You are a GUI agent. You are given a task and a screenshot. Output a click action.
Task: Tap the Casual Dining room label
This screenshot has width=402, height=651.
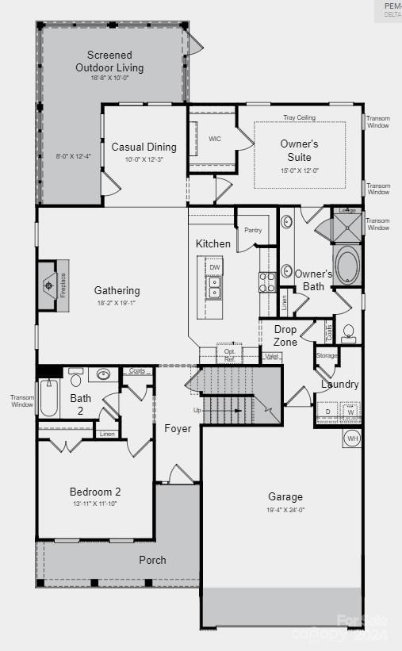(x=144, y=147)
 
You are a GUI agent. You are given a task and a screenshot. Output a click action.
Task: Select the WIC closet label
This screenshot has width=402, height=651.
(x=215, y=139)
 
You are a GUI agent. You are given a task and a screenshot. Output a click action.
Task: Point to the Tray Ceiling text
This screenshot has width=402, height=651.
(x=299, y=117)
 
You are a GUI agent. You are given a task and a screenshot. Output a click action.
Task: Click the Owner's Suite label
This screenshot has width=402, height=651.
(x=299, y=150)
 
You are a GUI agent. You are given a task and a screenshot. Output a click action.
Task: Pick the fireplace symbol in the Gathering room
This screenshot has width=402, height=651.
(x=49, y=284)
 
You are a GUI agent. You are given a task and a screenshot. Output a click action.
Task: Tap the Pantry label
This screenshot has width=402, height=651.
(x=253, y=230)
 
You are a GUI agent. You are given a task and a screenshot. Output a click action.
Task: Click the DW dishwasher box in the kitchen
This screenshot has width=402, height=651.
(x=215, y=267)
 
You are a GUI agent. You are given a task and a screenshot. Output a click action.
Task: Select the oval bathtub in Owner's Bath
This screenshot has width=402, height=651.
(x=347, y=266)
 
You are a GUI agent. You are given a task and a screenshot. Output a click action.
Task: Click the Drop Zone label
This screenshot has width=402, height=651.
(x=285, y=335)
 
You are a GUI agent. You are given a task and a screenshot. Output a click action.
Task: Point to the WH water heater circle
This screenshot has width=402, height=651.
(x=353, y=438)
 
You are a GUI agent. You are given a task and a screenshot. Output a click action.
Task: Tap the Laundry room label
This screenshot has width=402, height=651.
(x=339, y=385)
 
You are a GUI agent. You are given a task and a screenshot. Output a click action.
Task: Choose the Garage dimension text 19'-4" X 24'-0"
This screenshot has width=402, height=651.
(x=285, y=510)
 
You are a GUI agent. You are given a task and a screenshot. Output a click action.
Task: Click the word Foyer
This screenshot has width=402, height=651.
(x=178, y=428)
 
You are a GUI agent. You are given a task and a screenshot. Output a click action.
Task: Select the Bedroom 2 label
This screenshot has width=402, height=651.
(x=95, y=492)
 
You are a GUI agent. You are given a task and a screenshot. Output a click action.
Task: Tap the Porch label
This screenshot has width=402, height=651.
(x=152, y=560)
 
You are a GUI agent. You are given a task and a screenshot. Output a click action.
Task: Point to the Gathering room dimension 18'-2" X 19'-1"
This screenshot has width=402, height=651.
(x=117, y=303)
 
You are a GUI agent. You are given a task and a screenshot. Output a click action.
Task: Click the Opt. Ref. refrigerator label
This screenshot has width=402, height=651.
(x=230, y=354)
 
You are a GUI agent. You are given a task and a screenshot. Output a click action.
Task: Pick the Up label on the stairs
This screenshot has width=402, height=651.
(x=197, y=410)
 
